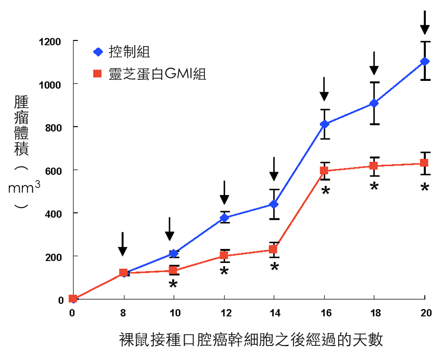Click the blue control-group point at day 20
pos(425,61)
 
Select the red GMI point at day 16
pos(324,171)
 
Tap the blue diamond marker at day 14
pos(274,204)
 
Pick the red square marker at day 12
pos(224,256)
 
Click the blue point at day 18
pos(374,103)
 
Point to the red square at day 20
pos(424,163)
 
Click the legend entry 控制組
pos(130,52)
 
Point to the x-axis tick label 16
pos(324,313)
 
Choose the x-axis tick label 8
pos(123,313)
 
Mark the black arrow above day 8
pos(122,244)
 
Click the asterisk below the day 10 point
pos(173,284)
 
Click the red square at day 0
pos(73,299)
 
